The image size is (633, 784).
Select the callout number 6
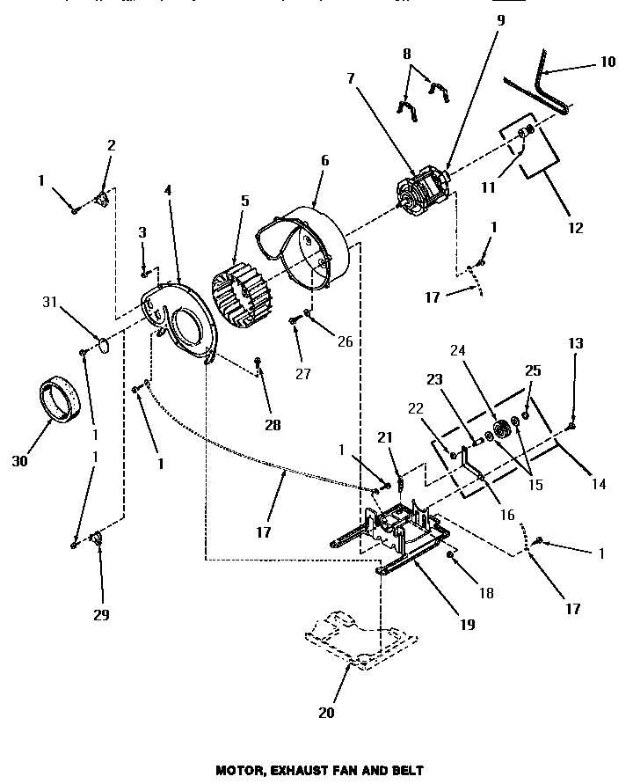click(x=324, y=160)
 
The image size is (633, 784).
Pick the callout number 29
click(x=101, y=615)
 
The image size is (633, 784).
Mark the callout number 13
click(x=575, y=344)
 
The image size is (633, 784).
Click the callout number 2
click(x=111, y=145)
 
